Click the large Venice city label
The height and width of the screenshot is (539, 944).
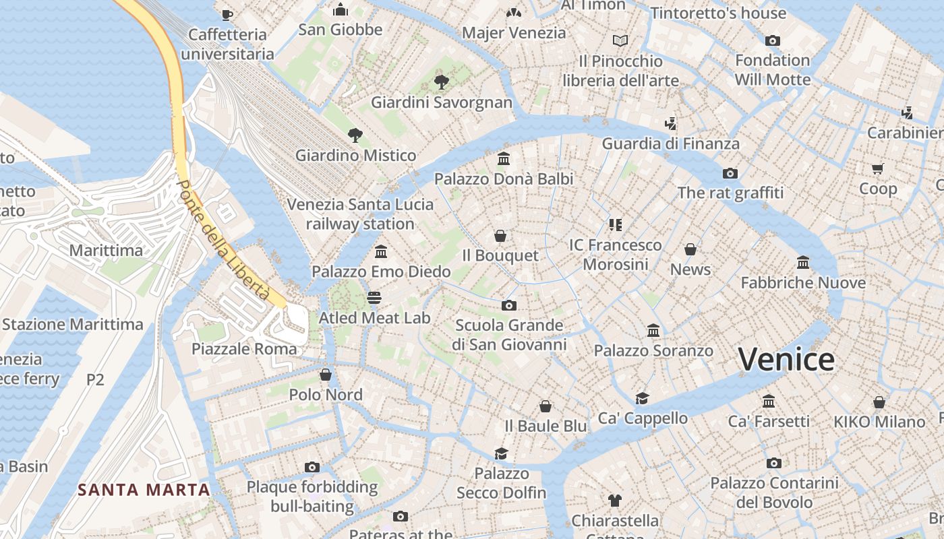point(786,359)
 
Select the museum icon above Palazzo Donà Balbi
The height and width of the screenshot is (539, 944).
point(503,159)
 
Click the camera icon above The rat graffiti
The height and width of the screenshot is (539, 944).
point(730,174)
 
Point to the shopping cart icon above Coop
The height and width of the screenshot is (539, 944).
point(877,169)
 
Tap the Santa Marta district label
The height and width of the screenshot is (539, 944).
point(144,490)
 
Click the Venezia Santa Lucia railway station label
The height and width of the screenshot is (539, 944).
point(360,214)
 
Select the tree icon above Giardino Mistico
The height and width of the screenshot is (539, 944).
point(355,135)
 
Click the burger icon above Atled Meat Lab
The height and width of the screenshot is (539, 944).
point(374,297)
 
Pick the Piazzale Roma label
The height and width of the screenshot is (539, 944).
point(244,348)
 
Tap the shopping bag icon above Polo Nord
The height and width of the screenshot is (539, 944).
point(326,375)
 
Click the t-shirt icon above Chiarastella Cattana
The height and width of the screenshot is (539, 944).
point(614,500)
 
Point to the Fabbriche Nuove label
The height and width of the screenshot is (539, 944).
point(803,282)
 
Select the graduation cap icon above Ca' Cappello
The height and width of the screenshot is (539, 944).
point(642,398)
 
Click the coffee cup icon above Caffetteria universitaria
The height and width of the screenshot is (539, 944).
point(227,14)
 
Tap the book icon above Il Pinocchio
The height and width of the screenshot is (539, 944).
point(620,41)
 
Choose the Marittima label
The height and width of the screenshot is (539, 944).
point(106,250)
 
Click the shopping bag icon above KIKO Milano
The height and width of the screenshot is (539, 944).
point(879,402)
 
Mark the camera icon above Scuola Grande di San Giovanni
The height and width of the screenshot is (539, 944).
point(509,306)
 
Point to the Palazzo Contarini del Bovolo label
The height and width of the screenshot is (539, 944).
point(774,493)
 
